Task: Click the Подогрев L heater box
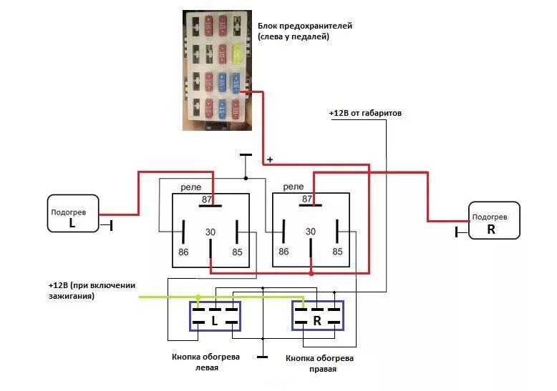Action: click(72, 213)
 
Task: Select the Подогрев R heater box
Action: click(493, 220)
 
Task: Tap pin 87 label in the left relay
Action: click(207, 199)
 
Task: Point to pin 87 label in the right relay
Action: click(308, 199)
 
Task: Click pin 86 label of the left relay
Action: click(183, 252)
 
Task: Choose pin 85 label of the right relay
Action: click(337, 252)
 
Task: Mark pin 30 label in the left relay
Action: click(210, 232)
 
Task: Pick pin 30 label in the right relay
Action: click(311, 232)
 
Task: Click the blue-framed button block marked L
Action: click(215, 316)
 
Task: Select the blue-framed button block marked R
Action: click(317, 316)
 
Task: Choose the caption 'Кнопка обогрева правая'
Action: click(319, 364)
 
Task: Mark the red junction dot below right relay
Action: click(311, 273)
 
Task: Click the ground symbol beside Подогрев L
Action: click(111, 226)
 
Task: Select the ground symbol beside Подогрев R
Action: click(457, 232)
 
